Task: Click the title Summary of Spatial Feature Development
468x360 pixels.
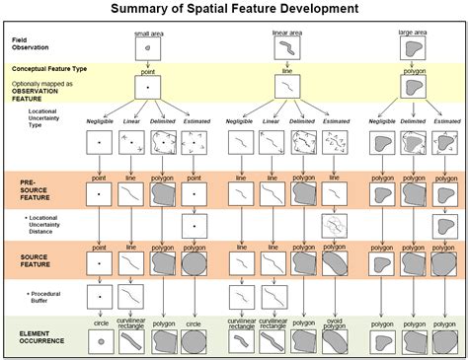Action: point(233,11)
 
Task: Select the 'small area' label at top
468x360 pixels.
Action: point(148,34)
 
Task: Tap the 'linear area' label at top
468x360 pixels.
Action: point(285,34)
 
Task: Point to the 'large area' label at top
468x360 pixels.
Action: point(412,34)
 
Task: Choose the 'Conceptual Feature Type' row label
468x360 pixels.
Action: point(49,69)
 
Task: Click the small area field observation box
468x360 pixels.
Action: point(148,47)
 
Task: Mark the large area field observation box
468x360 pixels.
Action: point(413,47)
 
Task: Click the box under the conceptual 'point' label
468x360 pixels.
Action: point(148,89)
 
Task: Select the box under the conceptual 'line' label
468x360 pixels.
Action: point(285,89)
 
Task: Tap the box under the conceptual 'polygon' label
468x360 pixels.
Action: point(413,89)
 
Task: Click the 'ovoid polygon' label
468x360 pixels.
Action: point(336,324)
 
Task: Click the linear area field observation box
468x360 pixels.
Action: point(285,47)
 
